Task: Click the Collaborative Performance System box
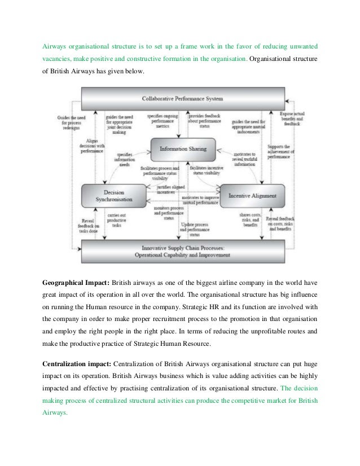tap(182, 98)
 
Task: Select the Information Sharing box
tap(182, 150)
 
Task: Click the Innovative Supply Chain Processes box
tap(182, 250)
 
